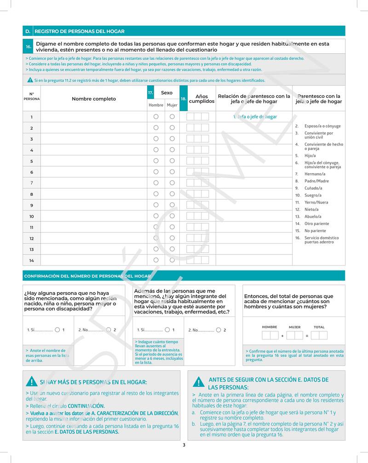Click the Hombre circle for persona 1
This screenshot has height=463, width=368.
click(156, 117)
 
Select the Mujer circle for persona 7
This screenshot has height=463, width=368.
click(172, 183)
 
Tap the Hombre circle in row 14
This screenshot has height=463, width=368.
click(156, 260)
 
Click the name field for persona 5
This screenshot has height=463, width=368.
click(94, 161)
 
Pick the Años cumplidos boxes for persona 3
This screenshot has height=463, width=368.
click(197, 139)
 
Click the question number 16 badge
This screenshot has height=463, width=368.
click(28, 46)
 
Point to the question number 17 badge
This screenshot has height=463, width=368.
click(150, 93)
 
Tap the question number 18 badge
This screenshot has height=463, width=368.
click(183, 98)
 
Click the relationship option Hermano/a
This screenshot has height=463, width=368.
click(315, 174)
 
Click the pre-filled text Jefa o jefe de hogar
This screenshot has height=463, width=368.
click(255, 117)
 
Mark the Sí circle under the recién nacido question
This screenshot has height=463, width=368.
click(57, 330)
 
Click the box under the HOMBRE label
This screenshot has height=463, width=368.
click(270, 336)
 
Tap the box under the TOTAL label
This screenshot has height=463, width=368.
click(319, 336)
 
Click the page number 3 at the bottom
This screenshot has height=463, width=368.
click(184, 445)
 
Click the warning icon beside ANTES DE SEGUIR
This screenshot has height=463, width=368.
click(198, 383)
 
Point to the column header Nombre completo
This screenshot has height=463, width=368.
click(94, 99)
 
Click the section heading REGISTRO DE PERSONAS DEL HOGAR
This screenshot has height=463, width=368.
click(80, 31)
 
